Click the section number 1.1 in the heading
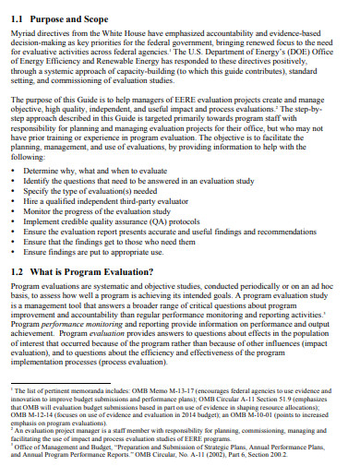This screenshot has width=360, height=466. click(18, 18)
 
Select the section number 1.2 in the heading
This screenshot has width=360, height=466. click(18, 272)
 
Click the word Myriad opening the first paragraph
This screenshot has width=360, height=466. click(25, 33)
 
